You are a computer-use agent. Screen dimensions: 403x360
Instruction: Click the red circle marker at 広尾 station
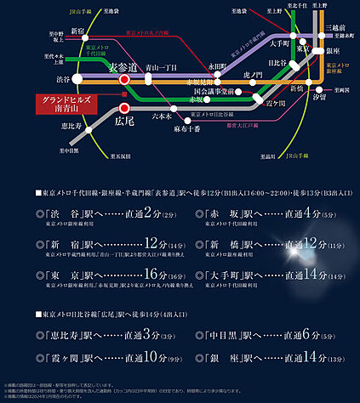(x=124, y=108)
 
